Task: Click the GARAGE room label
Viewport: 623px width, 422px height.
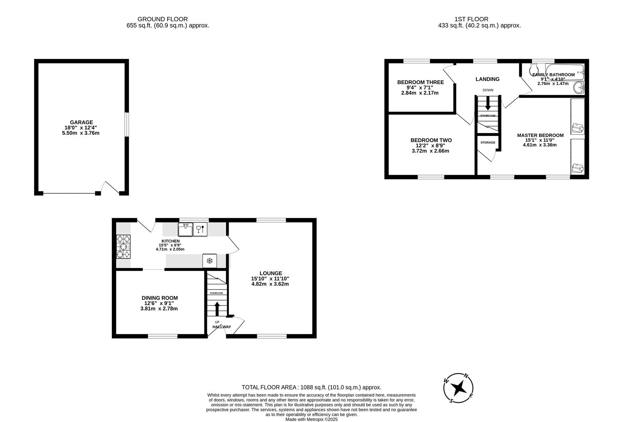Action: (x=81, y=122)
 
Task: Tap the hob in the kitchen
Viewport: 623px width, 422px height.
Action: (x=124, y=246)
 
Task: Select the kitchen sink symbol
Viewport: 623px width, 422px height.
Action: (x=185, y=229)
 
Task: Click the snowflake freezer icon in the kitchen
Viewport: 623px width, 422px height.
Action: (x=209, y=261)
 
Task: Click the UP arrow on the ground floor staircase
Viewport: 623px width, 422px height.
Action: (x=217, y=309)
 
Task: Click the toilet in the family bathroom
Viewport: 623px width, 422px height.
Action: (x=533, y=71)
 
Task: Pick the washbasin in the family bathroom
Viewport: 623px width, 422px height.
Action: (x=579, y=88)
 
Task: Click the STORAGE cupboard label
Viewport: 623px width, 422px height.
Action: (x=488, y=143)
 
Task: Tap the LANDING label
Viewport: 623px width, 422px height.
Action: (x=487, y=79)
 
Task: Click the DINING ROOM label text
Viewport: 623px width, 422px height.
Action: (x=159, y=298)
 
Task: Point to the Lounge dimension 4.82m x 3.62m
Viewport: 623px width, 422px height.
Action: (x=270, y=284)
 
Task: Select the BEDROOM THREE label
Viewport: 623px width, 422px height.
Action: (x=420, y=82)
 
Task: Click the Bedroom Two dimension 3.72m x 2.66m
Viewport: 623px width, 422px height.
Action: (x=431, y=151)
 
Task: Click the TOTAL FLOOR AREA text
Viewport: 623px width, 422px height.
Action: (x=311, y=387)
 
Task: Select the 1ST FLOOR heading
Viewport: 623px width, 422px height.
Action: (x=471, y=19)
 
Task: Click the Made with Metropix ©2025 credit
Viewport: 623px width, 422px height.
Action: (x=311, y=419)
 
